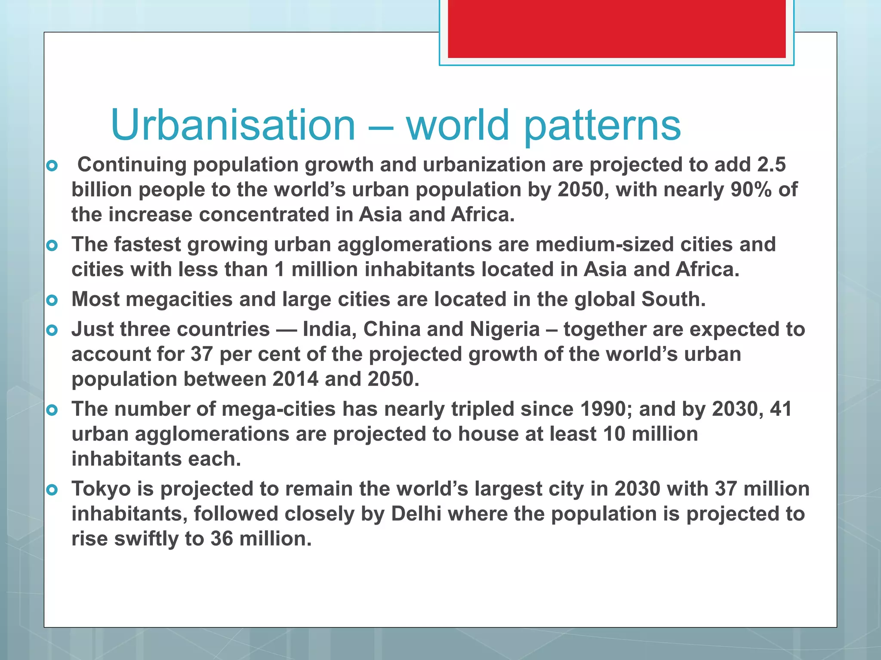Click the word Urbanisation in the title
pyautogui.click(x=233, y=125)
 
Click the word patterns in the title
pyautogui.click(x=602, y=125)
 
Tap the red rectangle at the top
pyautogui.click(x=616, y=28)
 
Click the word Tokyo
pyautogui.click(x=101, y=489)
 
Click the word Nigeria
pyautogui.click(x=505, y=330)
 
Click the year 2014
pyautogui.click(x=295, y=379)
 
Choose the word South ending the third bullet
pyautogui.click(x=673, y=299)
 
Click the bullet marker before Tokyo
pyautogui.click(x=52, y=489)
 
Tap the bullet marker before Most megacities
pyautogui.click(x=52, y=300)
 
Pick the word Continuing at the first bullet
pyautogui.click(x=132, y=165)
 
